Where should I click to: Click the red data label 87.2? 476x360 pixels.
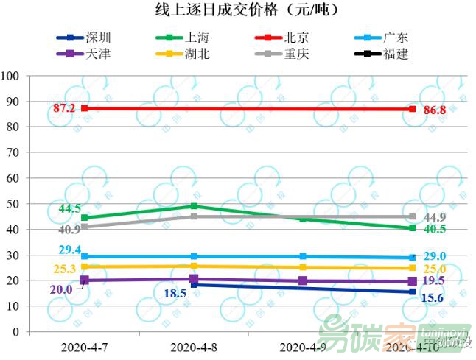[63, 108]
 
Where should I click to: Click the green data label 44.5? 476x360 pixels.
[69, 208]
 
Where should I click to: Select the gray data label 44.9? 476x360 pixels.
[435, 217]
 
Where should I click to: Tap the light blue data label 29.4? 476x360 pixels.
[69, 250]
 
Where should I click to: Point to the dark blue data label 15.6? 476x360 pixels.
[432, 298]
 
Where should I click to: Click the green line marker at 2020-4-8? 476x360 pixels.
[194, 206]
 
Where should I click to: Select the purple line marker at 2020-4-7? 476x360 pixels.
[84, 280]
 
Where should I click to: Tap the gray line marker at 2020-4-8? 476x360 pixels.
[194, 216]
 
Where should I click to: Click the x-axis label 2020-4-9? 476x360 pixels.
[304, 346]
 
